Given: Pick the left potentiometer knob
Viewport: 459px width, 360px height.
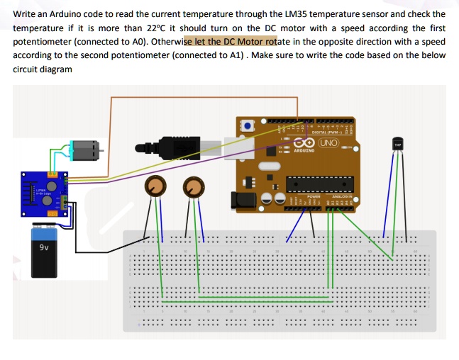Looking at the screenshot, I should (155, 187).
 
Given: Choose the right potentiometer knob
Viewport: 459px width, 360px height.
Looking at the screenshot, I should (193, 188).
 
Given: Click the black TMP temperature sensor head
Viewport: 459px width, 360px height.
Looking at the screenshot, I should (397, 146).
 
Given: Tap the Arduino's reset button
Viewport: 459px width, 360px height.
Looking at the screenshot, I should (247, 125).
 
